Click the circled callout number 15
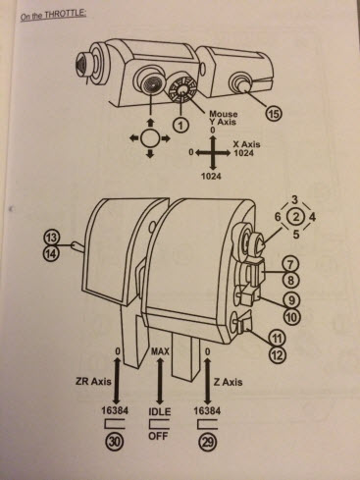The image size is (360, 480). [x=274, y=114]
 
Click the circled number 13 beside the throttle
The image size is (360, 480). [x=51, y=238]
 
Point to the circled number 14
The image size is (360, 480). [x=51, y=253]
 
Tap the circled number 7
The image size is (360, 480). [x=291, y=264]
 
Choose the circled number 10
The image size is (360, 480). [x=291, y=316]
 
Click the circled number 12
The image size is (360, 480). [x=278, y=354]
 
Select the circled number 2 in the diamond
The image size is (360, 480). [x=296, y=217]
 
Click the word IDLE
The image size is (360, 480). [x=160, y=411]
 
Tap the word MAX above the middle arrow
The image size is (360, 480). [x=160, y=351]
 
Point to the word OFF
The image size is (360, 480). [x=158, y=436]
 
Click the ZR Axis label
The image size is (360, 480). [x=92, y=381]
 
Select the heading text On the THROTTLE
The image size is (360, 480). [x=53, y=15]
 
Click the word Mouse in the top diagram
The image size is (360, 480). [x=224, y=114]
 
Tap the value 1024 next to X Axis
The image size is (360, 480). [x=243, y=153]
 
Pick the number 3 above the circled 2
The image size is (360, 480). [x=295, y=199]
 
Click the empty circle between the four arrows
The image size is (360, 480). [x=150, y=138]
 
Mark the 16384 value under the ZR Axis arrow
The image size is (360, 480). [x=115, y=410]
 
